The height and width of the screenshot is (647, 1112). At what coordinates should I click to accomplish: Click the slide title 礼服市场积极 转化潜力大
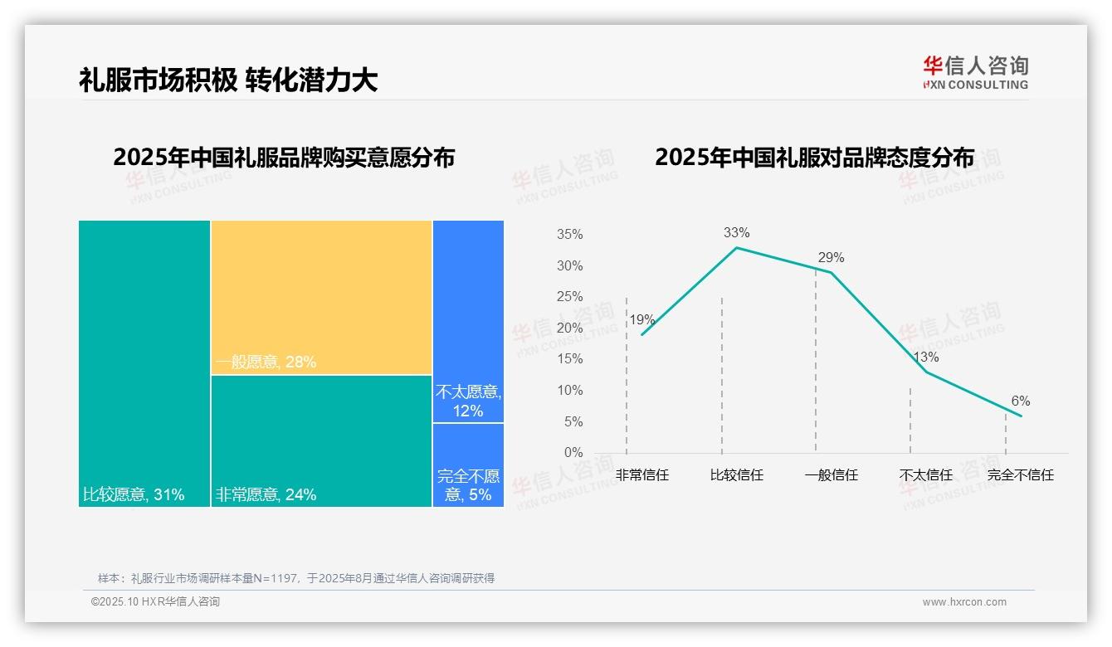228,80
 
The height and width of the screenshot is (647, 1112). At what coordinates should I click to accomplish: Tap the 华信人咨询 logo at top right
975,72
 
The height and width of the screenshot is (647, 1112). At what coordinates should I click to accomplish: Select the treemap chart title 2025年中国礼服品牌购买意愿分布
284,158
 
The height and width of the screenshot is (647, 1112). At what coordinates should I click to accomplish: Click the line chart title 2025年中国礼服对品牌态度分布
814,158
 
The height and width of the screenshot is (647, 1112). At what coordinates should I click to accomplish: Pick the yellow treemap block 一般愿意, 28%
321,297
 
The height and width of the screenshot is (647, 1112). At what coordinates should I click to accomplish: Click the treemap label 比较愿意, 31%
134,495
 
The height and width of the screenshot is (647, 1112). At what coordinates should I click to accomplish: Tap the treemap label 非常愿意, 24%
266,495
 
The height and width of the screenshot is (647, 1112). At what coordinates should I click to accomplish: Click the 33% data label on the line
736,233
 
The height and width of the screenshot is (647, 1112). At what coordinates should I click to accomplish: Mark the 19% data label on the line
641,320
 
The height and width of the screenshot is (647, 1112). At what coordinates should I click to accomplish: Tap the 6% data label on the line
1020,401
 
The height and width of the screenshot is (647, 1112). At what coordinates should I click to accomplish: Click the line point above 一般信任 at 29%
831,272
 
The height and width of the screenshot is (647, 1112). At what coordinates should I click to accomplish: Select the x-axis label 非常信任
641,476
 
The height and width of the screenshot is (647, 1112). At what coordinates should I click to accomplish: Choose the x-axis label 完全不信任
1020,476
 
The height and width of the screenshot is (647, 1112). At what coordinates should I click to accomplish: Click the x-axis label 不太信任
925,476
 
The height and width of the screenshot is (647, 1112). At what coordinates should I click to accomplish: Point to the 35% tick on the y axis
569,235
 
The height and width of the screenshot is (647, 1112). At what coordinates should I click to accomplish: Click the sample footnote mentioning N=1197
296,578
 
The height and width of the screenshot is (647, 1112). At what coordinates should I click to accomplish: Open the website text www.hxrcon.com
963,602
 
